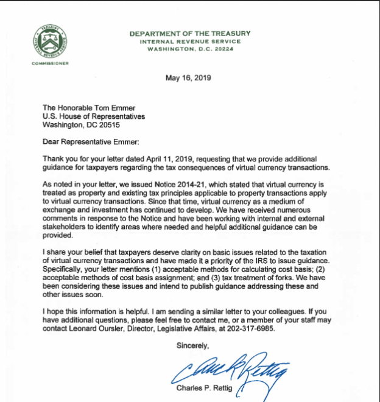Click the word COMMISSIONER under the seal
50,63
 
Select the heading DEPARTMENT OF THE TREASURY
189,33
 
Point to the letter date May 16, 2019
189,78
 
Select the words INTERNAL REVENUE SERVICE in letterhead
189,41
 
